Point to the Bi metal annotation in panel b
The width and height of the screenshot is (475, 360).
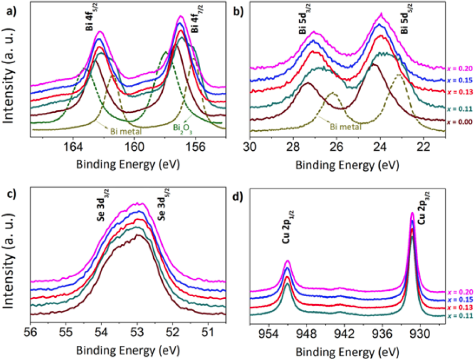pyautogui.click(x=345, y=127)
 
